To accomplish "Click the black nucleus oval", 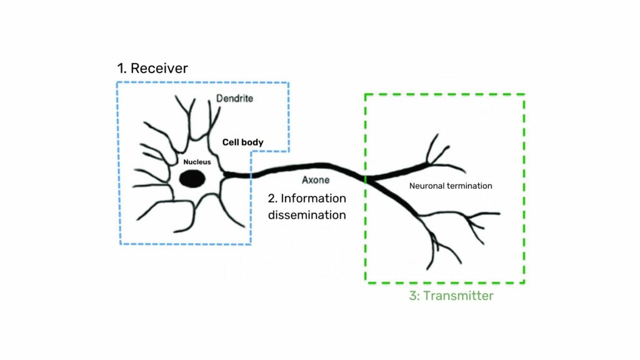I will click(x=192, y=178).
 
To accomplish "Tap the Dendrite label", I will click(x=235, y=99).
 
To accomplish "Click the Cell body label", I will click(x=242, y=142).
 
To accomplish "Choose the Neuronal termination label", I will click(x=451, y=186).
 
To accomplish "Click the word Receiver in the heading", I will click(x=159, y=68).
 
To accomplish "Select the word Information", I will click(x=313, y=199).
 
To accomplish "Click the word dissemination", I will click(x=307, y=215).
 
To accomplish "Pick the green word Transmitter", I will click(x=458, y=296).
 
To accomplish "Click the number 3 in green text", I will click(x=413, y=296).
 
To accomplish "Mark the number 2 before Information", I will click(x=272, y=199).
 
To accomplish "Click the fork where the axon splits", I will click(x=367, y=179).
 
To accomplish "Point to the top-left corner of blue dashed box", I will click(x=117, y=82).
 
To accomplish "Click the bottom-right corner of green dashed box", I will click(x=524, y=282).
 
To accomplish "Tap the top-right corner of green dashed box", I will click(x=524, y=94).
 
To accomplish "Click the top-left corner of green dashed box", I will click(x=365, y=94).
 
